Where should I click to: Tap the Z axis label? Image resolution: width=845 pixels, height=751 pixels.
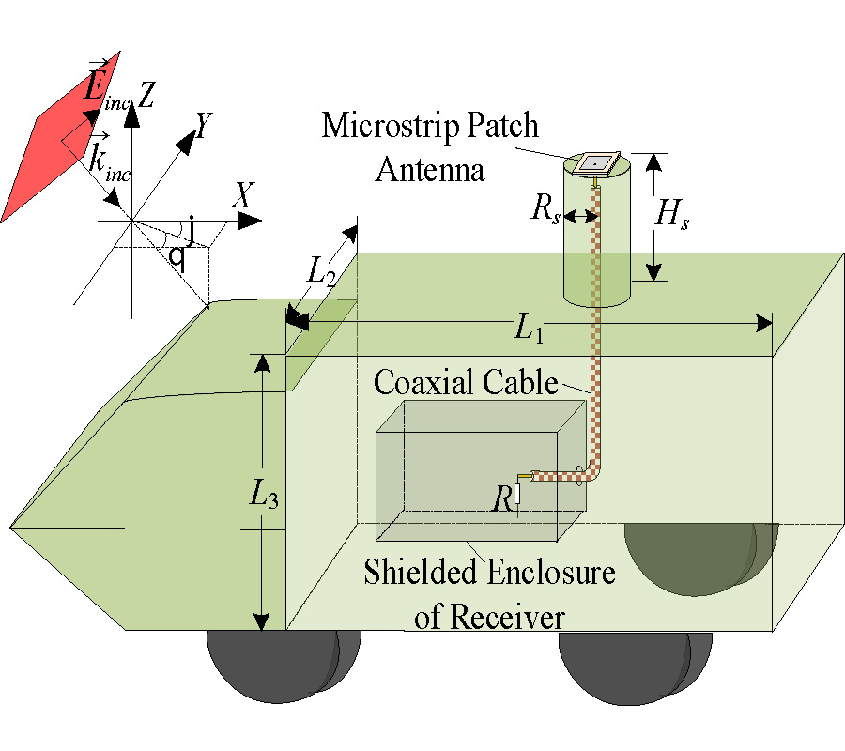[x=146, y=91]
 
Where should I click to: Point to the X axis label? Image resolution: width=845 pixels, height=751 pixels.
[x=243, y=195]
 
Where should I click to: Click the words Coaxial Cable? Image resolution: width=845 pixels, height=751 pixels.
[x=465, y=382]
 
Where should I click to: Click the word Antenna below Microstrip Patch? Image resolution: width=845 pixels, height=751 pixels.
[x=430, y=171]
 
